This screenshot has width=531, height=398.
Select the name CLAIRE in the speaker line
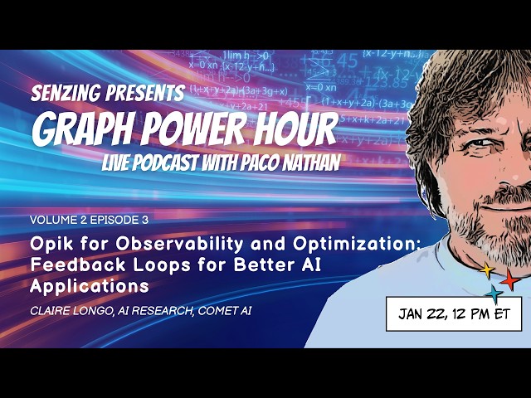53,313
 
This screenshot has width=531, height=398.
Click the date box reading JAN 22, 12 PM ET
454,314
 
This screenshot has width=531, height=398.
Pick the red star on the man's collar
509,281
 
